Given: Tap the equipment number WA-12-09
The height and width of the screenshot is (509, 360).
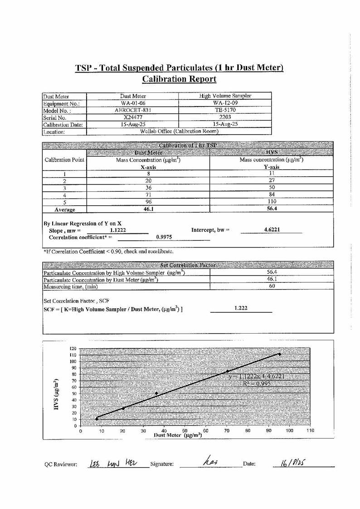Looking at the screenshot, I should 225,103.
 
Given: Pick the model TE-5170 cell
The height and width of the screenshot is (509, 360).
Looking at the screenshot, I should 225,110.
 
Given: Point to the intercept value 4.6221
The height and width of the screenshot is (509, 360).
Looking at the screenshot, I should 272,230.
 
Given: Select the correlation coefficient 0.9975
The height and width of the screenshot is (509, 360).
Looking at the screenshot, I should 163,237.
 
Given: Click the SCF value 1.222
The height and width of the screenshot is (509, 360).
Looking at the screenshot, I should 241,308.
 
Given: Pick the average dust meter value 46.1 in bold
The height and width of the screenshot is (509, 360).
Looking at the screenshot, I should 148,209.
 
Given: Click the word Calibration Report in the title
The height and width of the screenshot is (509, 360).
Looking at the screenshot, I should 179,79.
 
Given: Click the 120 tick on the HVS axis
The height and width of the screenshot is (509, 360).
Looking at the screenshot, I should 73,348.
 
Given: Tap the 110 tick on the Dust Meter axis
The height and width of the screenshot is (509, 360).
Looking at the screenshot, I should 310,431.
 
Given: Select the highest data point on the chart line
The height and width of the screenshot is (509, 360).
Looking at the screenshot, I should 280,354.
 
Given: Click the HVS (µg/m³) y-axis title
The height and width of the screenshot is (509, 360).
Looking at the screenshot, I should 57,394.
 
